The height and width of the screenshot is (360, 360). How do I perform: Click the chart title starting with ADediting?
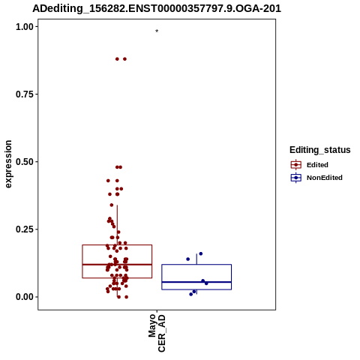pos(157,8)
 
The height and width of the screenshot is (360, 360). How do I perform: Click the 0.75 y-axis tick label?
pos(25,94)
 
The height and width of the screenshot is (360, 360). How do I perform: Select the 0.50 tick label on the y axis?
pos(25,162)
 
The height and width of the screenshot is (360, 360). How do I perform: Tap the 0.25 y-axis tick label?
pos(25,229)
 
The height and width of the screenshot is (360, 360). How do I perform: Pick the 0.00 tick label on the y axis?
pos(25,297)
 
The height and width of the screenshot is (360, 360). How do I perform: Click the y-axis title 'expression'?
pos(8,164)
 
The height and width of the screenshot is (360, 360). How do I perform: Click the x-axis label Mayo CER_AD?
pos(157,333)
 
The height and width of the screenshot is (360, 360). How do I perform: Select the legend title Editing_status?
pos(320,150)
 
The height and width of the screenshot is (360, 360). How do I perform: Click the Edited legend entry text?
pos(317,165)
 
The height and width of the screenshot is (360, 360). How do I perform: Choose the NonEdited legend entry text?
pos(325,178)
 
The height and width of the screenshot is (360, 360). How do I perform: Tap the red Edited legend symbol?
pos(296,165)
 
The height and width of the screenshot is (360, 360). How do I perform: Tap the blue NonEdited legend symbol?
pos(296,178)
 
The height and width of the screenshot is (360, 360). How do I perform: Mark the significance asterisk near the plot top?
pos(157,31)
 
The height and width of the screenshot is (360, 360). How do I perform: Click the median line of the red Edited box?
pos(117,264)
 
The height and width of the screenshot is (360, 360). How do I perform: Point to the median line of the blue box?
pos(196,282)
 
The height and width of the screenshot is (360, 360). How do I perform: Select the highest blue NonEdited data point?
pos(201,253)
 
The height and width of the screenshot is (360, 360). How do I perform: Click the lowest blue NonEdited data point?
pos(191,294)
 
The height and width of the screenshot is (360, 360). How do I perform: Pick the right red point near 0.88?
pos(124,59)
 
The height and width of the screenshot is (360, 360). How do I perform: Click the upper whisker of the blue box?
pos(196,259)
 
